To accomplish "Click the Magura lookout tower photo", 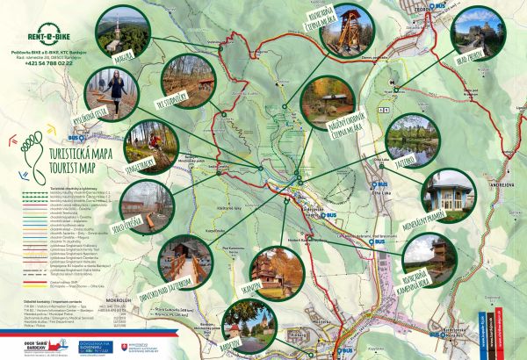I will pos(118,32).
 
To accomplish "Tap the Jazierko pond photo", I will pos(410,137).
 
